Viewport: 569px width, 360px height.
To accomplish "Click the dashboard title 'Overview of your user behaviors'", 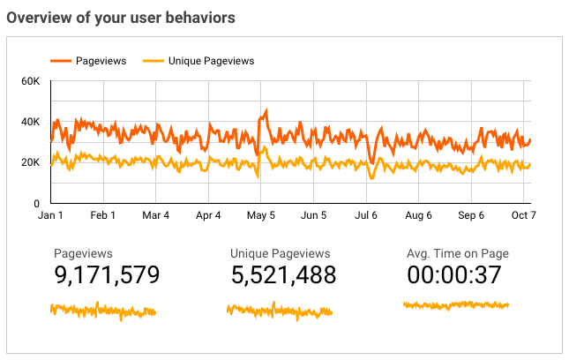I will coord(124,17).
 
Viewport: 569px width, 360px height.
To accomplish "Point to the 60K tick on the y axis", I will coord(31,81).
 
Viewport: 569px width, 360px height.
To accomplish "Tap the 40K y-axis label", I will coord(31,122).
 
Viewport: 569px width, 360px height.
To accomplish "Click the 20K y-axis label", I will coord(31,162).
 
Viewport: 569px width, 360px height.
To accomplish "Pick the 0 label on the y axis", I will coord(36,203).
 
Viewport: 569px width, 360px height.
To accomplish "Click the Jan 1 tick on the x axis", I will coord(50,214).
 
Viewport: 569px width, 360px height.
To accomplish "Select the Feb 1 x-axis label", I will coord(103,214).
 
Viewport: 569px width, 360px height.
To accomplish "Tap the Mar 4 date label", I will coord(155,214).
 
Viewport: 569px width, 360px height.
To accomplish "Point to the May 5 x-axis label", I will coord(261,214).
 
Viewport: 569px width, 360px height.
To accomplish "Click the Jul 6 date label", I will coord(366,214).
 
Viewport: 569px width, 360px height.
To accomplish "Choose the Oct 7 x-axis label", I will coord(524,214).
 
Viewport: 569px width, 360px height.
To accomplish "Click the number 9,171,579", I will coord(107,275).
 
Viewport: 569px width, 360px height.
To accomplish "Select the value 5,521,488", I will coord(283,275).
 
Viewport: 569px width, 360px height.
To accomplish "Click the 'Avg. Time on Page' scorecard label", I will coord(458,254).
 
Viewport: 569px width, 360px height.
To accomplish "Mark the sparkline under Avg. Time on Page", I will coord(456,305).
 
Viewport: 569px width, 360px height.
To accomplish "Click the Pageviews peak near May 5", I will coord(265,112).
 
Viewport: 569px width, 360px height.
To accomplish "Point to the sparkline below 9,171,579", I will coord(103,311).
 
